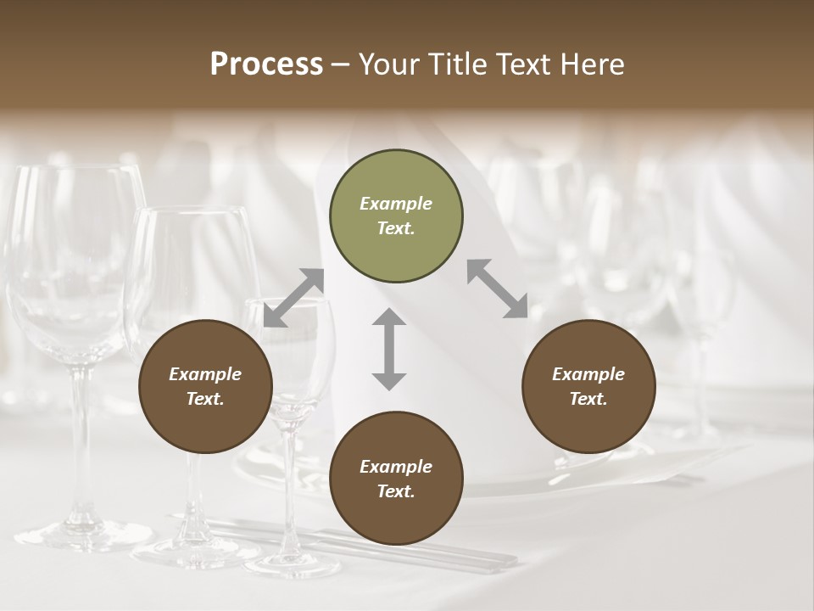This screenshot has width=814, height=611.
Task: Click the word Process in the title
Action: tap(266, 64)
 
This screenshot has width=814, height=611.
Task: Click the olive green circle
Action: tap(396, 216)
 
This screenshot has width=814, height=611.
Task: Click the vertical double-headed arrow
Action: tap(389, 349)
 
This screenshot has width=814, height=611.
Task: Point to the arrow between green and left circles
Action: tap(294, 297)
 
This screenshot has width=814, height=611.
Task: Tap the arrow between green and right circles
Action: tap(498, 289)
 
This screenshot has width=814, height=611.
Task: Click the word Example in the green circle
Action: tap(396, 204)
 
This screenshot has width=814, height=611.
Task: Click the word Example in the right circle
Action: tap(588, 374)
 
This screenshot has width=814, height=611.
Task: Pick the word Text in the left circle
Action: tap(204, 399)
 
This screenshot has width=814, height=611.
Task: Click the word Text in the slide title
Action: tap(524, 64)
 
